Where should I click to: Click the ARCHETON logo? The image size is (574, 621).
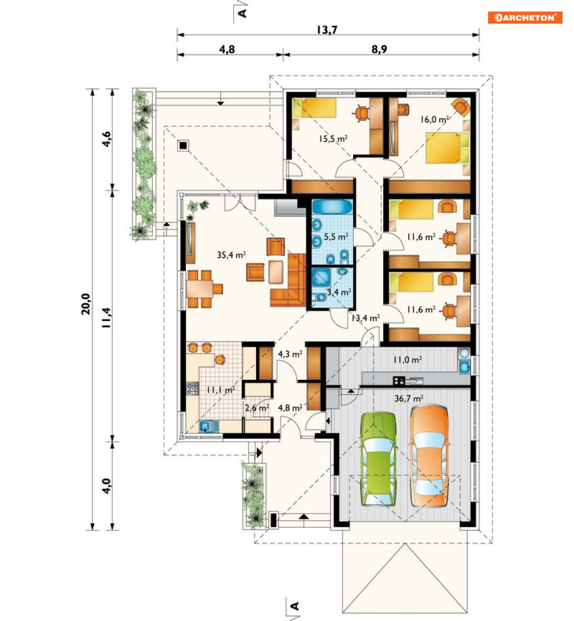(525, 18)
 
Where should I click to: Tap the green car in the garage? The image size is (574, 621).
(378, 459)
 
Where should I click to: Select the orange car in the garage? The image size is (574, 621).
(429, 456)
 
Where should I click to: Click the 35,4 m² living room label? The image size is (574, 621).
(231, 255)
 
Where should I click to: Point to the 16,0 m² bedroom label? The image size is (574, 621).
(434, 119)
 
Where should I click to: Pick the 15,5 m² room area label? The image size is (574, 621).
(333, 139)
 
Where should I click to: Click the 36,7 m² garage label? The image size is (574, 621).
(408, 398)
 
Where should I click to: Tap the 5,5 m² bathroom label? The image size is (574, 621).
(336, 237)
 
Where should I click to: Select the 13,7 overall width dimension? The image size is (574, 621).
(327, 29)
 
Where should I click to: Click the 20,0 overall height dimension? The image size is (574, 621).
(86, 304)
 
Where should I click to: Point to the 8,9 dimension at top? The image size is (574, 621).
(379, 49)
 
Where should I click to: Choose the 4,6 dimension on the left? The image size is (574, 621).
(107, 140)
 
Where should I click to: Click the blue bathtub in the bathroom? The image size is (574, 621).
(332, 207)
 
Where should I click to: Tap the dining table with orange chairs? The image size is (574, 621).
(200, 289)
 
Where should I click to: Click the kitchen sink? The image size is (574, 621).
(209, 426)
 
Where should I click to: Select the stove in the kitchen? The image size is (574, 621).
(192, 388)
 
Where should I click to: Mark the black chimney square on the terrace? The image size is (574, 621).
(182, 146)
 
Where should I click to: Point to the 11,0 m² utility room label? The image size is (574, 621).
(407, 360)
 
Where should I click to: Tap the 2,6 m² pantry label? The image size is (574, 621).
(257, 408)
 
